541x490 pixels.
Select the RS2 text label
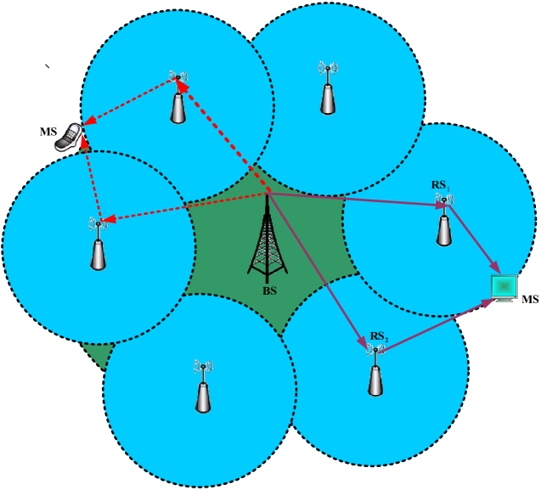(379, 338)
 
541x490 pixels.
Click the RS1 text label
(439, 184)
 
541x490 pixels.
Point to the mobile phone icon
(69, 138)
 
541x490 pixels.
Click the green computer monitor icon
(504, 287)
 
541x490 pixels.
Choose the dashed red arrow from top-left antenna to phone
(127, 102)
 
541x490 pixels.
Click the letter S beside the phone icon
(54, 131)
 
